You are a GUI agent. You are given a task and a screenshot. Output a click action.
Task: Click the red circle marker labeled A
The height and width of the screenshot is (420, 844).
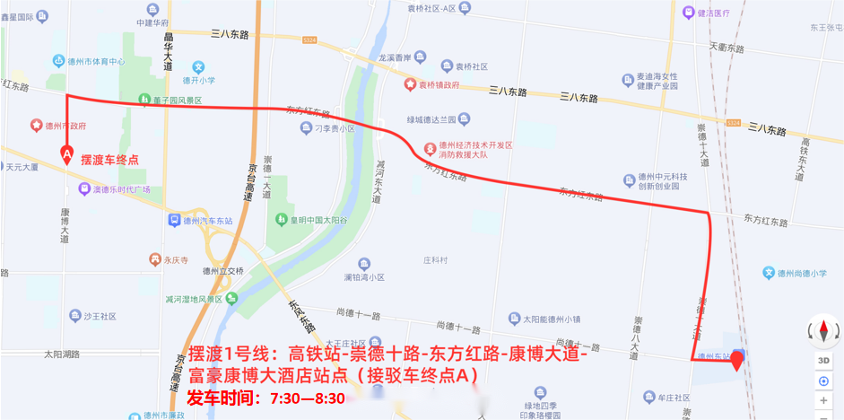(66, 154)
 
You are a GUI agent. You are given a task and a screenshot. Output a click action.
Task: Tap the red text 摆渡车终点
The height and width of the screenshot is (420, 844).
(109, 160)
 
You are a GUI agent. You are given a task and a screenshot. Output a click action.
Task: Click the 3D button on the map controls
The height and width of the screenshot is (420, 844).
(823, 360)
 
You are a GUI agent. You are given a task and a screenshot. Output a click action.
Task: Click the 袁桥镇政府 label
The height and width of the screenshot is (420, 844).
(432, 84)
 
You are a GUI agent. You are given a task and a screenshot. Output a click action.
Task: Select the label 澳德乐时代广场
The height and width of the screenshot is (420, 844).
(115, 189)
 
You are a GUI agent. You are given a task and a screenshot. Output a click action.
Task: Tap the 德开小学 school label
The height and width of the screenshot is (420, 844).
(198, 79)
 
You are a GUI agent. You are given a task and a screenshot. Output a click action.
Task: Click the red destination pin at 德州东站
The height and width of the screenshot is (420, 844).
(737, 362)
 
